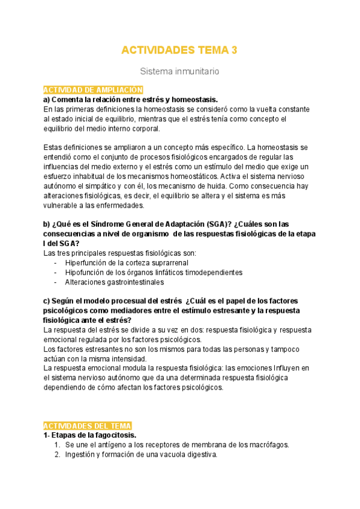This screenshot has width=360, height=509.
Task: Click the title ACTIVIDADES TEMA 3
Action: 179,50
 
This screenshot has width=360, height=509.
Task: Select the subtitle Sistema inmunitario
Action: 179,71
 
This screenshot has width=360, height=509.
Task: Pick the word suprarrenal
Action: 167,262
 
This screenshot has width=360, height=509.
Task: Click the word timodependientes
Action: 212,272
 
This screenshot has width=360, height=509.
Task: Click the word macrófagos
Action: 269,445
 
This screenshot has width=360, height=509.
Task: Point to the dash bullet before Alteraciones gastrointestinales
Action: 56,282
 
